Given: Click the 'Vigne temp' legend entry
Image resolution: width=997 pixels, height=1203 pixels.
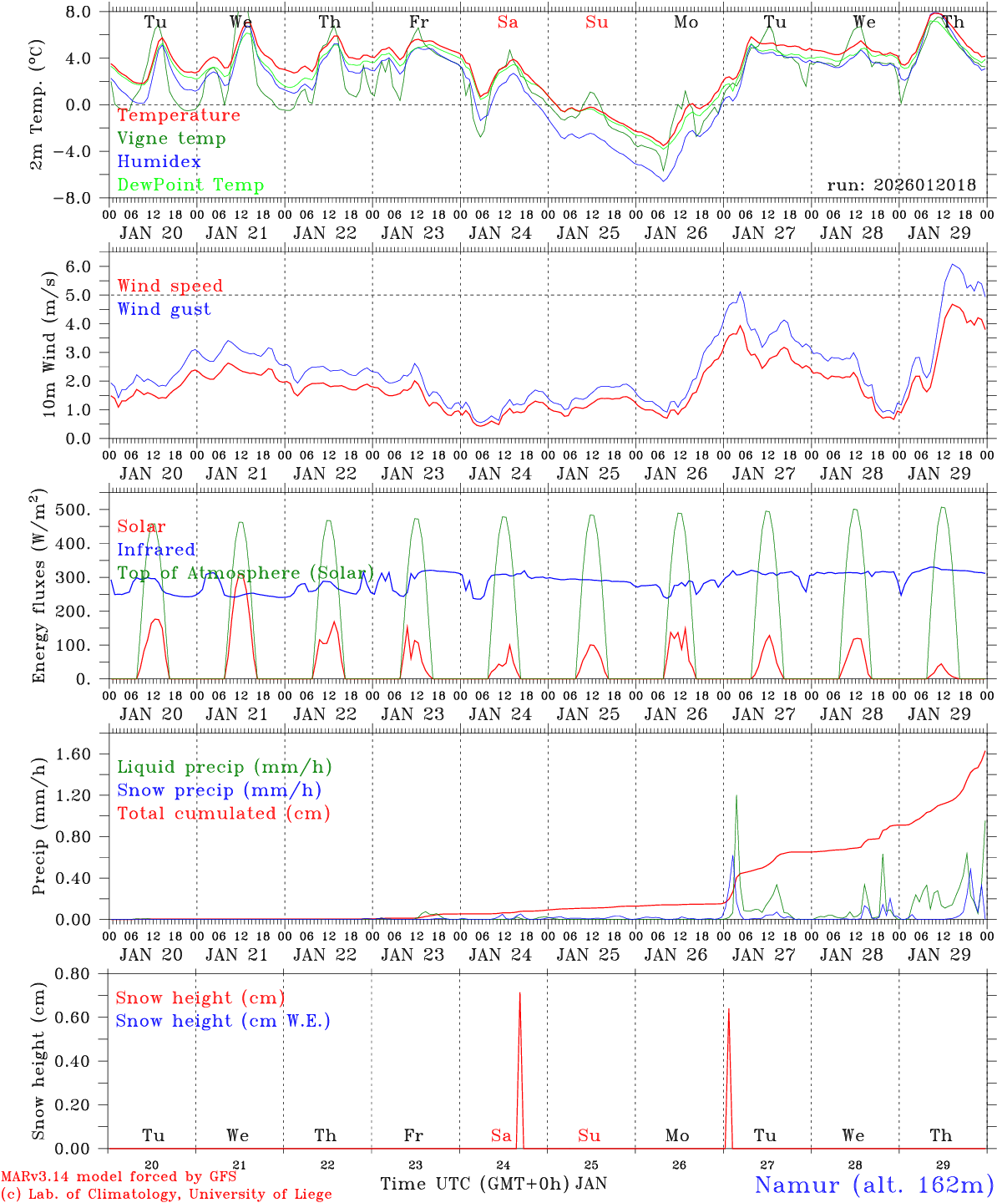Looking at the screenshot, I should tap(171, 139).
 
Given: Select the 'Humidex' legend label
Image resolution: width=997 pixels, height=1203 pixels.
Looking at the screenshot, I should tap(159, 162).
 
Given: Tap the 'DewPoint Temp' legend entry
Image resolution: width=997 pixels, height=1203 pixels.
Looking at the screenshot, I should tap(190, 185).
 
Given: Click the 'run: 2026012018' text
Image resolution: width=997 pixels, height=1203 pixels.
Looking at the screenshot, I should tap(901, 185).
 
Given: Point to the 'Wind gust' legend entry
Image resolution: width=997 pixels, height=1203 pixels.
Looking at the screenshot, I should tap(164, 309).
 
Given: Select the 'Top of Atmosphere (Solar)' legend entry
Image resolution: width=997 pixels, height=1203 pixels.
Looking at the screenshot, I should tap(245, 573).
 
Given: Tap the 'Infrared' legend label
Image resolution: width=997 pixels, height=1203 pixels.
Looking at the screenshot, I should tap(156, 550).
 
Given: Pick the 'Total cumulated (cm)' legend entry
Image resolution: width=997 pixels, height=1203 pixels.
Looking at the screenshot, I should tap(223, 813).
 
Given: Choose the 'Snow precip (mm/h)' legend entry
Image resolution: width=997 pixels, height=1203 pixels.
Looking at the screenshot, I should tap(219, 790).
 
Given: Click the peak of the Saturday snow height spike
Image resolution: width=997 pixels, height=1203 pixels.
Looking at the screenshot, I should tap(519, 993).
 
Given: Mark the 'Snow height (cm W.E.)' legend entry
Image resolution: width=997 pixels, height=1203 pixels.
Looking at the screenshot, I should tap(222, 1021).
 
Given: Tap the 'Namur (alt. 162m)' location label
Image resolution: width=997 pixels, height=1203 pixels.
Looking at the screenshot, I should tap(873, 1184).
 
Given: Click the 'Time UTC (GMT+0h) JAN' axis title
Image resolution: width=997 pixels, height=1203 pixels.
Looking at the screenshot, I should tap(493, 1184).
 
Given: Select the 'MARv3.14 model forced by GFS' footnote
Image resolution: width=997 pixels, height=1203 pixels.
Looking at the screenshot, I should tap(119, 1177).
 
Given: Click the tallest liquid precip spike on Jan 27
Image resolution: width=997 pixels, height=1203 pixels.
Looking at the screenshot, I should tap(736, 795).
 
